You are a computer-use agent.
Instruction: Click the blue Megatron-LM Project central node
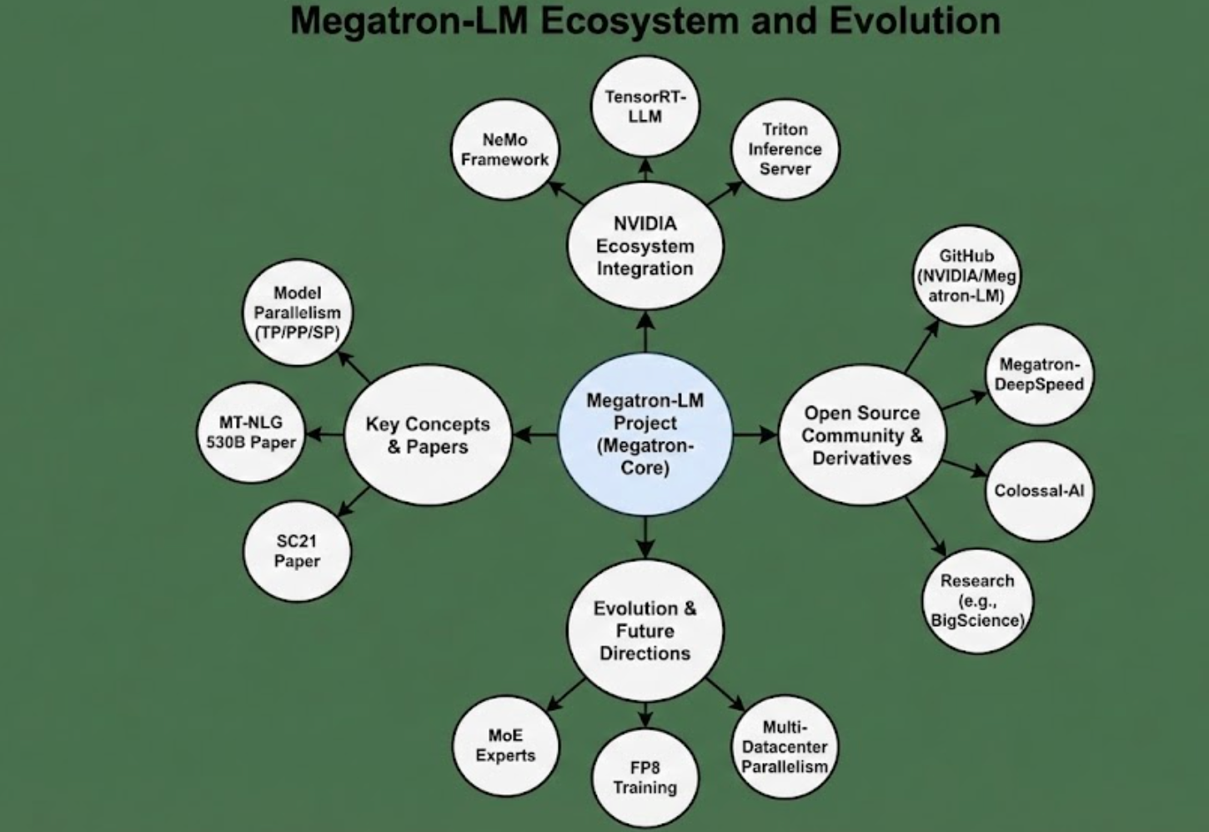click(645, 434)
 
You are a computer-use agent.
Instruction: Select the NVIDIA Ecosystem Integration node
click(645, 246)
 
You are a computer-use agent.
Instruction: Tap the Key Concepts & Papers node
click(427, 435)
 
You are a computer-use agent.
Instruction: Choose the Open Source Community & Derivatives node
click(861, 435)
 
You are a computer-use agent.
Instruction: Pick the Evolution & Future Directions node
click(645, 631)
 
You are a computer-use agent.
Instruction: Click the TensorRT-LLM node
click(645, 107)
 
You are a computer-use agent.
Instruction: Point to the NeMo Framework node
click(504, 150)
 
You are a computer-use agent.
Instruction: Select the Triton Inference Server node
click(785, 149)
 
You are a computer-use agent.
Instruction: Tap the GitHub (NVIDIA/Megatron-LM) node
click(966, 276)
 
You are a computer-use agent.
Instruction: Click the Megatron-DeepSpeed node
click(1039, 374)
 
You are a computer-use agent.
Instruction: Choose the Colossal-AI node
click(1039, 491)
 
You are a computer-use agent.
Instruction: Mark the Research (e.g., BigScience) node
click(976, 600)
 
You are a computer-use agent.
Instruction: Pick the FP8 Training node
click(645, 778)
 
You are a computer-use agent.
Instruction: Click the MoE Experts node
click(505, 745)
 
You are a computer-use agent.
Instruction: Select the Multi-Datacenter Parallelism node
click(784, 747)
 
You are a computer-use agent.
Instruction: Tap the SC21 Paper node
click(297, 551)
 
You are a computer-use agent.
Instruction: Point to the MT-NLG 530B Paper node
click(250, 433)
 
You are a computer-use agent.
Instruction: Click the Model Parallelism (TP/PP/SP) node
click(297, 313)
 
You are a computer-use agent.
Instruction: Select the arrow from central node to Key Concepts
click(534, 434)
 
